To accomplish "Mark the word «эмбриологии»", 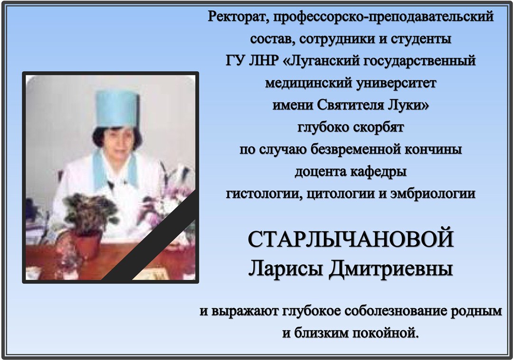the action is coord(433,194).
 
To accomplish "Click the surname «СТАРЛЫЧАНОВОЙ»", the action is coord(351,239).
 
